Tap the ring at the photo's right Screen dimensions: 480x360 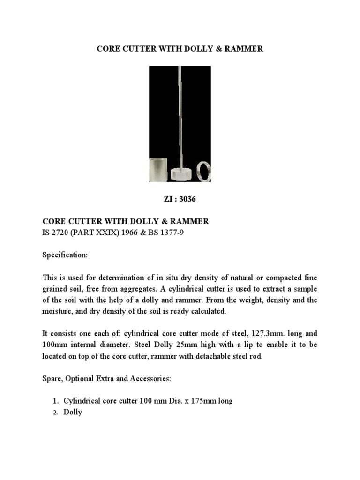(204, 171)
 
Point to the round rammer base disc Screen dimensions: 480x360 (181, 173)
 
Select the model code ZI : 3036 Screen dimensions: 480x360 (180, 199)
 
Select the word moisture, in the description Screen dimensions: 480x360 (59, 311)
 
